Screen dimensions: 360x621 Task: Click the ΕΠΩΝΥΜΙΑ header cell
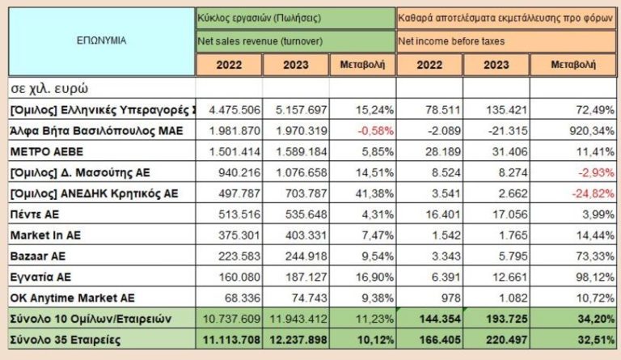[x=101, y=39]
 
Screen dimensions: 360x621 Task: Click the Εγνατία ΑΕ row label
[x=41, y=277]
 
